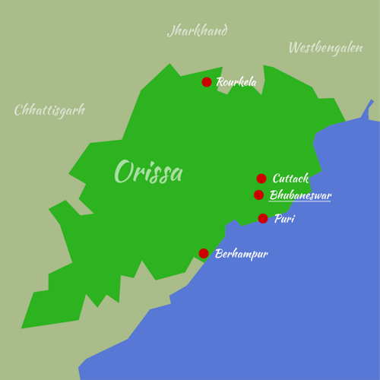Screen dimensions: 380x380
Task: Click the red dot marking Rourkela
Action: [x=207, y=82]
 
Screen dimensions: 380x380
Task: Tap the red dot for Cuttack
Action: [x=261, y=179]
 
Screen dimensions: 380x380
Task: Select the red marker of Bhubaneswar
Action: [x=259, y=195]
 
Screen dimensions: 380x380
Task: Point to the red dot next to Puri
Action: [x=263, y=219]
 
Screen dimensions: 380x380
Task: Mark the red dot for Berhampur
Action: [x=204, y=254]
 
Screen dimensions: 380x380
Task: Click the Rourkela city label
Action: [x=236, y=82]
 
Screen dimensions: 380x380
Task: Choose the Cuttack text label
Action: [x=290, y=179]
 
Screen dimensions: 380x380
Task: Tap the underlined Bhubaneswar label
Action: [x=300, y=195]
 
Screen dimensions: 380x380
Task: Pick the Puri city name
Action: [x=284, y=219]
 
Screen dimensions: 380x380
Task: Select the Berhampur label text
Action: [x=242, y=254]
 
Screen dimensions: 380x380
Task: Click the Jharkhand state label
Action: [x=197, y=31]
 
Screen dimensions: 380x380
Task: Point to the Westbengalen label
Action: [x=325, y=48]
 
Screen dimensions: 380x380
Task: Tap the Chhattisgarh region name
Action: [x=49, y=110]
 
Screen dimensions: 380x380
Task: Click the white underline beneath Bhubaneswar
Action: [x=300, y=201]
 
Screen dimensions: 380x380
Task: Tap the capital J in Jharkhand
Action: [x=171, y=32]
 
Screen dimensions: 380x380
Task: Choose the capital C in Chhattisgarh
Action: [x=19, y=110]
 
